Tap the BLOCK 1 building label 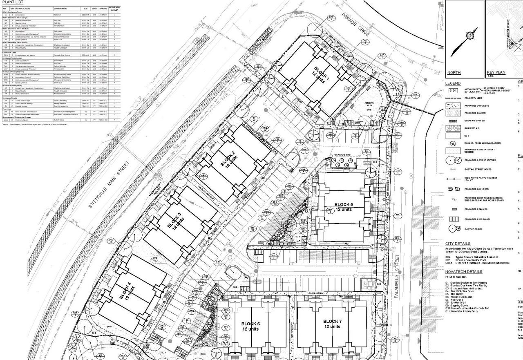[x=321, y=71]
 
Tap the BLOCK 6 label [x=250, y=324]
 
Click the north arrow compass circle [x=470, y=35]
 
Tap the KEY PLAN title [x=496, y=72]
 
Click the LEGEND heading [x=454, y=83]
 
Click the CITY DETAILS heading [x=458, y=244]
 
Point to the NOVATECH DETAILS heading [x=464, y=271]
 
